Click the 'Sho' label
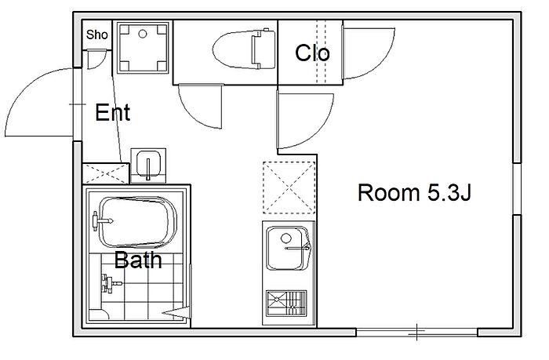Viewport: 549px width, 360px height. pos(97,35)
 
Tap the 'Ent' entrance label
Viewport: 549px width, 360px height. pos(113,112)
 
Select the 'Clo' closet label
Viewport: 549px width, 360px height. pos(312,53)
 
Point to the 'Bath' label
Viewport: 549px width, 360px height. pos(138,260)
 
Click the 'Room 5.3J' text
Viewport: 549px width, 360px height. pos(414,192)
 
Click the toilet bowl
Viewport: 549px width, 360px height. pos(232,49)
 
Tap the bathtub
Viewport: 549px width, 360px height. pos(137,223)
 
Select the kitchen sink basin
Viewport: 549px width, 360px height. pos(288,248)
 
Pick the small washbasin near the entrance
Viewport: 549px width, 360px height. pos(148,164)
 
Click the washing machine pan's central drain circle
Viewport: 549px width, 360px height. pos(143,34)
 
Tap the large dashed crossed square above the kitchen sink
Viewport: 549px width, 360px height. pos(289,187)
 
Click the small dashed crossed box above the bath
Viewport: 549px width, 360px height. pos(106,173)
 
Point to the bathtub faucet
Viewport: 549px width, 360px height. pos(102,220)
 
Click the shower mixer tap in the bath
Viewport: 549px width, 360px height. pos(111,283)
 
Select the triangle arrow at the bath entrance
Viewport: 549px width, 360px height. pos(176,312)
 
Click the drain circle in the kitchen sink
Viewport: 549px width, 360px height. pos(286,238)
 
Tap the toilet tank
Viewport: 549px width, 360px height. pos(263,49)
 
